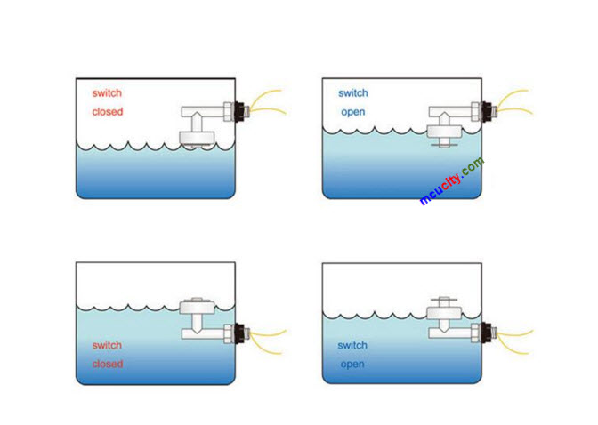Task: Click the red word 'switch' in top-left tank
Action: (x=107, y=92)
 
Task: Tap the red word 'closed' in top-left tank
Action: (x=108, y=112)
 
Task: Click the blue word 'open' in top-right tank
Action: (x=353, y=112)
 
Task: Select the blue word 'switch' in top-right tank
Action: (x=353, y=92)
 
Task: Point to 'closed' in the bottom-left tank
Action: (x=108, y=364)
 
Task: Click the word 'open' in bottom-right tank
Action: (x=352, y=364)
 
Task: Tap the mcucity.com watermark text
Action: (x=452, y=181)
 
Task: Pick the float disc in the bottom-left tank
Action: (x=198, y=308)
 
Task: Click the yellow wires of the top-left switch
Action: (x=267, y=102)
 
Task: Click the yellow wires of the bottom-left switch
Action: (x=267, y=336)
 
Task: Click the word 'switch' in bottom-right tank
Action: (x=353, y=345)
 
